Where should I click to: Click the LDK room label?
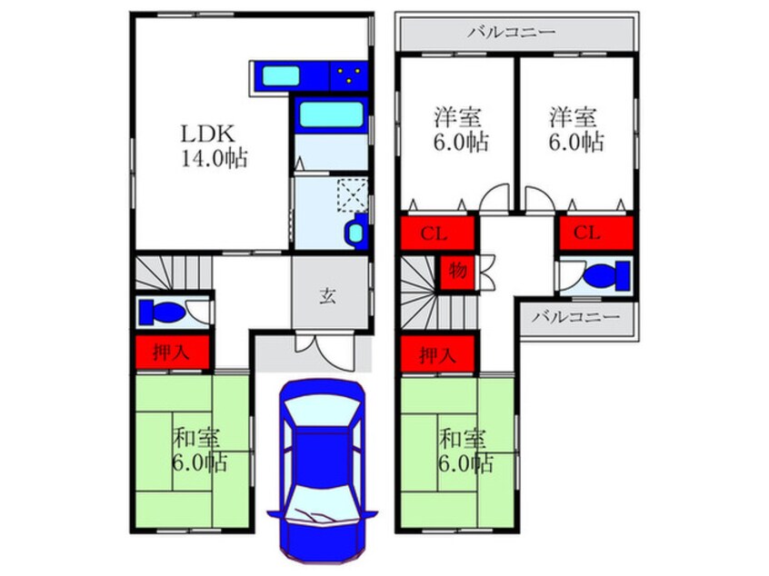pos(208,134)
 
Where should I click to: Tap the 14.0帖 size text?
pos(215,158)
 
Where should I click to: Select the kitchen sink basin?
pos(281,75)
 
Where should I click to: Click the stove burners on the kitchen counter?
pos(349,75)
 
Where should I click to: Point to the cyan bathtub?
pos(331,114)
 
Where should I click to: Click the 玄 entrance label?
pos(327,295)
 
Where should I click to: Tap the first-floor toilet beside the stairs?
pos(162,312)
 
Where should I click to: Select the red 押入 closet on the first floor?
pos(172,352)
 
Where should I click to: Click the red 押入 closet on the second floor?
pos(437,354)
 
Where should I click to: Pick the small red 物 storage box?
pos(456,271)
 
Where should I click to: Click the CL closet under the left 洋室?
pos(437,233)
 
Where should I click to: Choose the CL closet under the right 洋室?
pos(596,233)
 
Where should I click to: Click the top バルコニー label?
pos(512,33)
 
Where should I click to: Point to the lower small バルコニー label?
pos(576,317)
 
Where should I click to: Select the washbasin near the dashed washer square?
pos(355,232)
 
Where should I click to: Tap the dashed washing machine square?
pos(352,195)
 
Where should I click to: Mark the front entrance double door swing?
pos(325,349)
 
